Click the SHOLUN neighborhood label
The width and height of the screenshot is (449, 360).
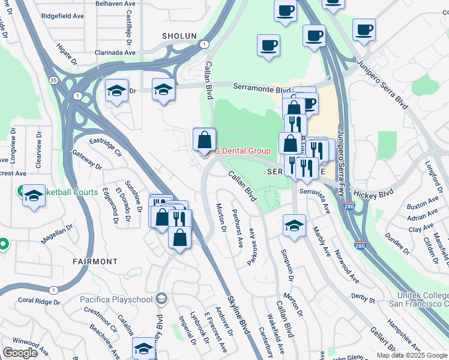179,36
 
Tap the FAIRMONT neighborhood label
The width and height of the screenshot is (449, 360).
95,262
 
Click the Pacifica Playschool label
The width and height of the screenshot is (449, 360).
116,299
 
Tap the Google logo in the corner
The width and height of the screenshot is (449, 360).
20,353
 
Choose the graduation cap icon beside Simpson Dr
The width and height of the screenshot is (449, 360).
295,226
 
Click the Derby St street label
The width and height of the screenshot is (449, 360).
363,298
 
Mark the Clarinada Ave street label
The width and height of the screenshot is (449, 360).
114,52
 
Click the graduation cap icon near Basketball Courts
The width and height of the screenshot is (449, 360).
34,196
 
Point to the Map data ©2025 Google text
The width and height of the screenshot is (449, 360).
411,355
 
